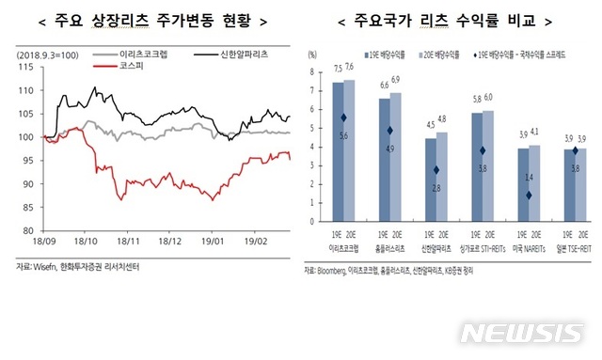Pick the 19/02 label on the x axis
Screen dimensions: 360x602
(254, 241)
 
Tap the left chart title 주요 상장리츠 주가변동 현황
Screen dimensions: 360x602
(148, 19)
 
